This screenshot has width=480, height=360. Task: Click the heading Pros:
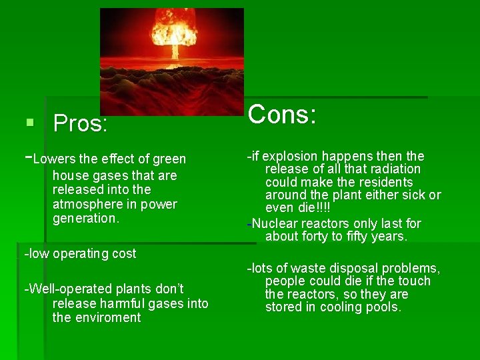[80, 123]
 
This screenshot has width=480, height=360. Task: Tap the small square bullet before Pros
[29, 123]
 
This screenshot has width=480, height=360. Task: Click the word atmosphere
[87, 204]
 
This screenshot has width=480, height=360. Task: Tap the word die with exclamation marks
[315, 208]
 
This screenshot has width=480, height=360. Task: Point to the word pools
[383, 307]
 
